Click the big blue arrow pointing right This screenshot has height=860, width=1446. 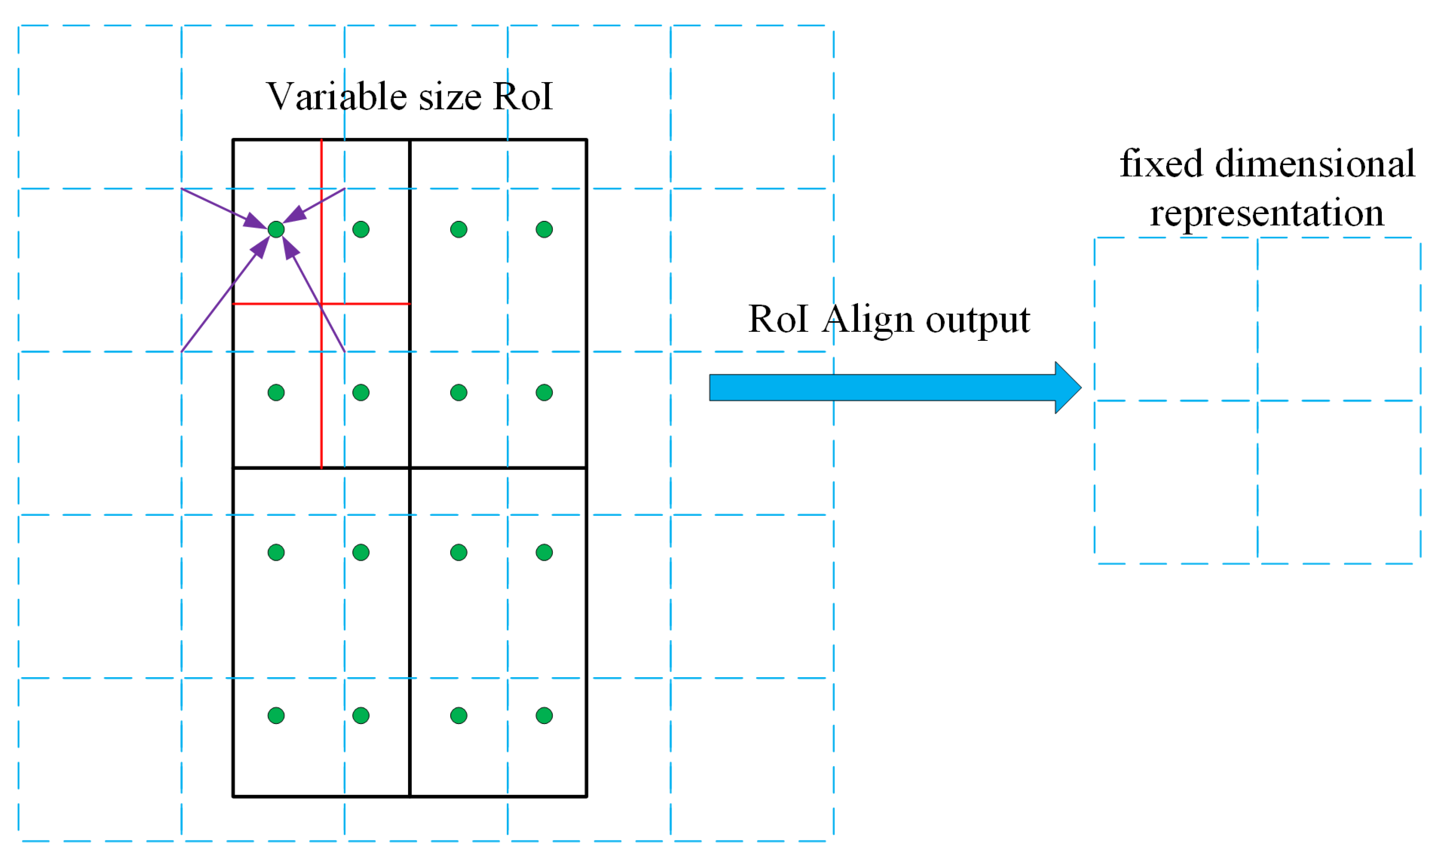[892, 387]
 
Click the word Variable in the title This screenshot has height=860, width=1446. [335, 96]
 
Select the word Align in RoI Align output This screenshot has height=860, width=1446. [867, 319]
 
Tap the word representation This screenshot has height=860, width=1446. [1267, 213]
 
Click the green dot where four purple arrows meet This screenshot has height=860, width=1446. [276, 230]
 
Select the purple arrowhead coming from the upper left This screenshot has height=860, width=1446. [254, 221]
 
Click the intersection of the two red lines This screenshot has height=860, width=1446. [321, 304]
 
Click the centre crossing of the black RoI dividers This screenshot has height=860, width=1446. [410, 468]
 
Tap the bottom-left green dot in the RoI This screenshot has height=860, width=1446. [276, 716]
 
